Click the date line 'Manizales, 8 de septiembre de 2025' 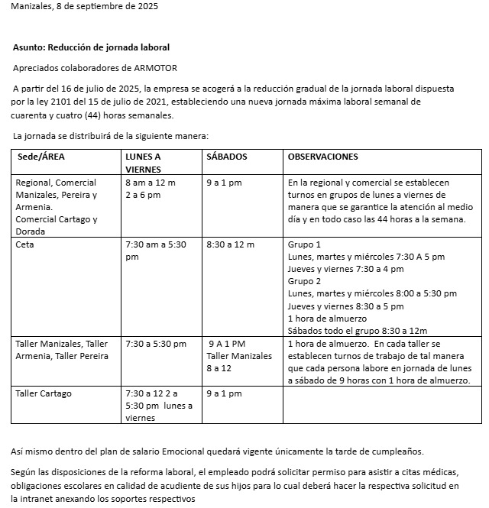coord(85,6)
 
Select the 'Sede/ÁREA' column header coord(40,157)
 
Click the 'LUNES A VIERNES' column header coord(143,163)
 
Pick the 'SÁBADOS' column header coord(227,157)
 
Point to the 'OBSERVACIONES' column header coord(323,157)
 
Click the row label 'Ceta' coord(24,244)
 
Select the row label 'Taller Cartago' coord(44,393)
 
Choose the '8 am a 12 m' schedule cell coord(151,183)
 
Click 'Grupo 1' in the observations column coord(304,244)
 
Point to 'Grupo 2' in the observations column coord(304,281)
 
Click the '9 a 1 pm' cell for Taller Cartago coord(224,393)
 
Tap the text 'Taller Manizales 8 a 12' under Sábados coord(238,362)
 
